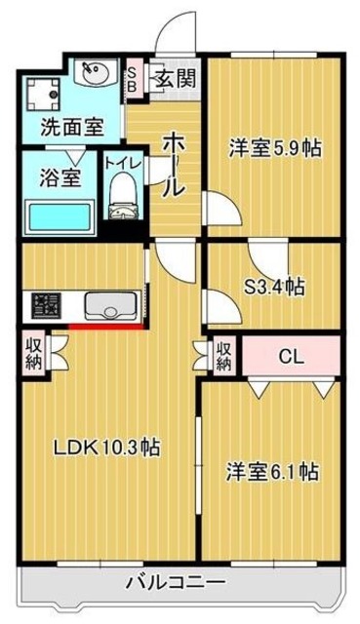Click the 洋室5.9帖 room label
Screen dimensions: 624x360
(x=275, y=148)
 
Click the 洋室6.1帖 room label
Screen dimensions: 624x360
(x=273, y=470)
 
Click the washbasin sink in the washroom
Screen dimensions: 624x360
(x=97, y=74)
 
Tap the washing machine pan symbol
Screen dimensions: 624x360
(x=42, y=91)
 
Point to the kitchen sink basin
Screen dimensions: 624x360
(x=108, y=307)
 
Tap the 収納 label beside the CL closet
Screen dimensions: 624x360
(x=223, y=356)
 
